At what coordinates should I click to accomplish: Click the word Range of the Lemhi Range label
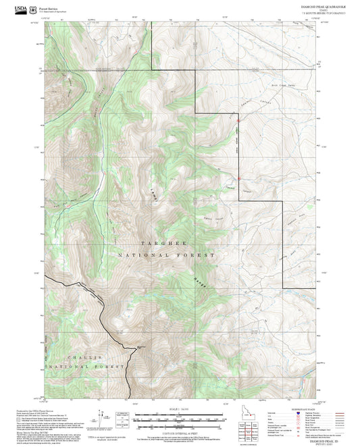pyautogui.click(x=197, y=279)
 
